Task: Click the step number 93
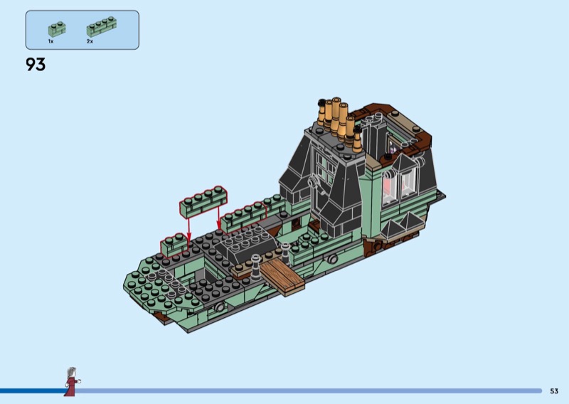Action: pos(36,64)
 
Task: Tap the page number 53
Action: pos(554,391)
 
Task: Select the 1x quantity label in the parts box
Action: pos(50,41)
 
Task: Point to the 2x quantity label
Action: pos(90,41)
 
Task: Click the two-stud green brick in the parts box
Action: pos(57,29)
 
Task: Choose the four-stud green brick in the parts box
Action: pos(102,27)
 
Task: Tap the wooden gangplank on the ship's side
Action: pos(282,275)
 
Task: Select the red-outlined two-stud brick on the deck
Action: pos(174,245)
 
